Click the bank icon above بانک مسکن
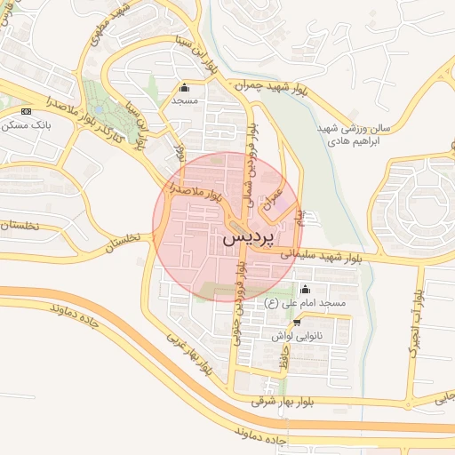tap(26, 111)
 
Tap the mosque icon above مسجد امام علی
tap(307, 289)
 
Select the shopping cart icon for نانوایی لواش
tap(297, 323)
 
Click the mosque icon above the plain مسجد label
tap(185, 87)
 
